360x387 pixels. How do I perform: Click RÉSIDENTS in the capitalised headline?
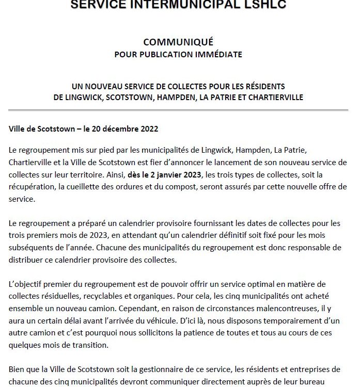tap(259, 86)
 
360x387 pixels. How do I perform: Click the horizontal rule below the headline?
tap(179, 110)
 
